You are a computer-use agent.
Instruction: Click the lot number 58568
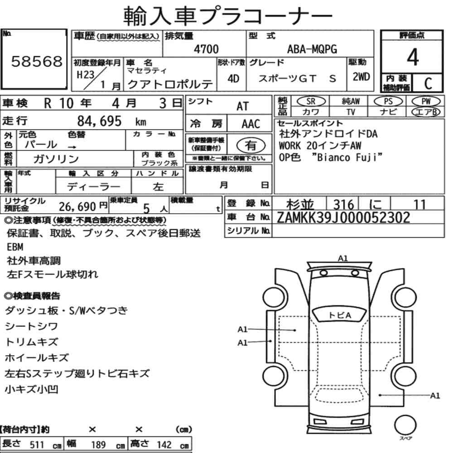coord(37,61)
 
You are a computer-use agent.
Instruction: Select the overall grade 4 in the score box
coord(413,57)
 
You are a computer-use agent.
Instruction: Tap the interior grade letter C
coord(428,83)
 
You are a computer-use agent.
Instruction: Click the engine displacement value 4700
coord(206,49)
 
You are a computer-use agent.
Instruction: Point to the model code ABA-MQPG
coord(312,49)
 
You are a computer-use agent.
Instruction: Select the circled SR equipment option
coord(311,101)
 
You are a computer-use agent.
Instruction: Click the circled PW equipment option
coord(426,101)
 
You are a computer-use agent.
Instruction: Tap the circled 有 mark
coord(251,145)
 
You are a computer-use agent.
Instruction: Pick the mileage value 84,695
coord(99,121)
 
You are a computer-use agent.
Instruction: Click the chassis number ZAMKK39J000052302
coord(343,217)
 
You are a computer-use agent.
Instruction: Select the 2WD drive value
coord(361,77)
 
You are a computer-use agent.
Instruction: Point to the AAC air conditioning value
coord(251,124)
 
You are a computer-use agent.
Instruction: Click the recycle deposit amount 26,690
coord(77,207)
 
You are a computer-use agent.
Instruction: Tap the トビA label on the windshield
coord(340,315)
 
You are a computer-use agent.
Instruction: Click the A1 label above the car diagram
coord(342,258)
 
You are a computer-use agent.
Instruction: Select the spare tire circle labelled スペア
coord(405,425)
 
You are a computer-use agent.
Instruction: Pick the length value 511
coord(37,444)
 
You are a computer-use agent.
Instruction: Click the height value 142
coord(164,444)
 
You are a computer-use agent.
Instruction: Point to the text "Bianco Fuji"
coord(347,158)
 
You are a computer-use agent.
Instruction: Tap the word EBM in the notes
coord(15,247)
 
